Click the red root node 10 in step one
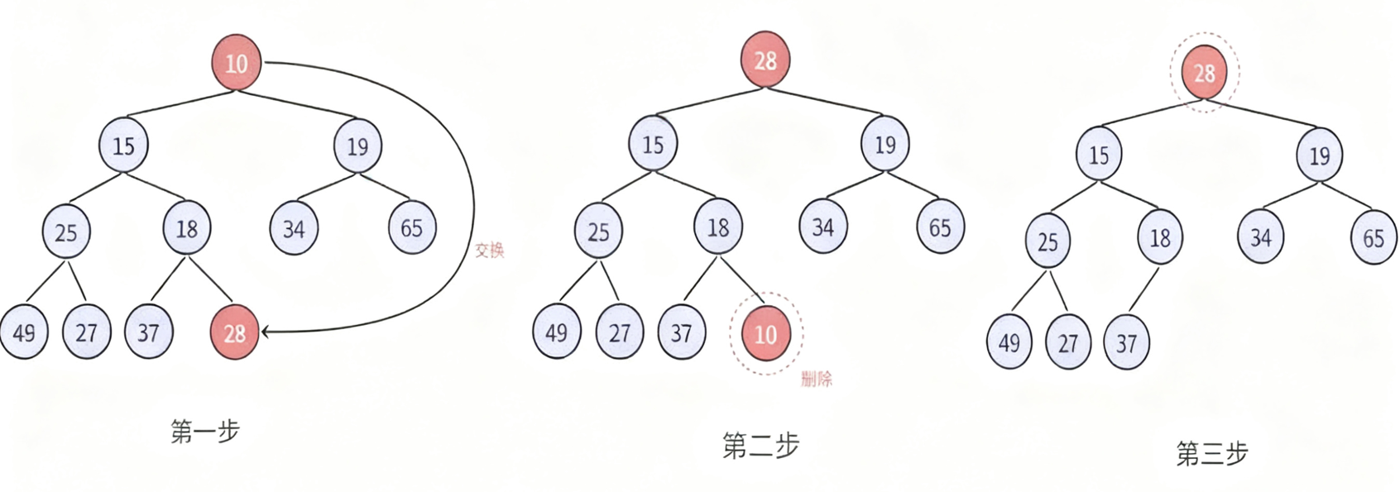[x=237, y=63]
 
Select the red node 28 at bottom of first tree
[x=235, y=332]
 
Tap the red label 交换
[x=490, y=250]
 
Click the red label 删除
[x=817, y=380]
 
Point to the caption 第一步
[x=204, y=431]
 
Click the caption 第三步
[x=1211, y=453]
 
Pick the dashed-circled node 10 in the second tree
[x=765, y=333]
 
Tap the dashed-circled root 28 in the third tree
[x=1204, y=73]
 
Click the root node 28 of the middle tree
[x=765, y=60]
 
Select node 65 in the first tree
[x=412, y=228]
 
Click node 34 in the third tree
[x=1260, y=238]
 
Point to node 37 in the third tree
[x=1126, y=342]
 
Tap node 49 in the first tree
[x=24, y=332]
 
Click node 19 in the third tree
[x=1319, y=155]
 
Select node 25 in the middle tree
[x=598, y=232]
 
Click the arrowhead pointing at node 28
[x=266, y=332]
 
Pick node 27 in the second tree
[x=620, y=332]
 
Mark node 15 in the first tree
[x=123, y=146]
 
